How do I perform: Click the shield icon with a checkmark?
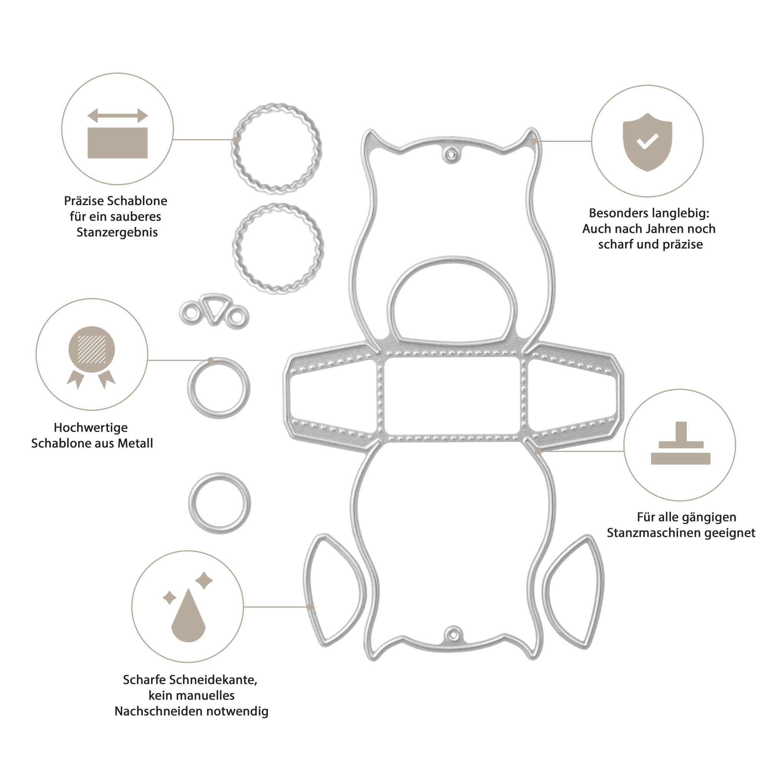[647, 142]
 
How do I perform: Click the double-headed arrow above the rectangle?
[117, 116]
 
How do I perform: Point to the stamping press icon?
[681, 443]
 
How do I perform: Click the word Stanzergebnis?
[117, 233]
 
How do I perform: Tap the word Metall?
[136, 443]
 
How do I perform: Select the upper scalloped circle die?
[276, 149]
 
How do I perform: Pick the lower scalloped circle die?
[278, 248]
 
